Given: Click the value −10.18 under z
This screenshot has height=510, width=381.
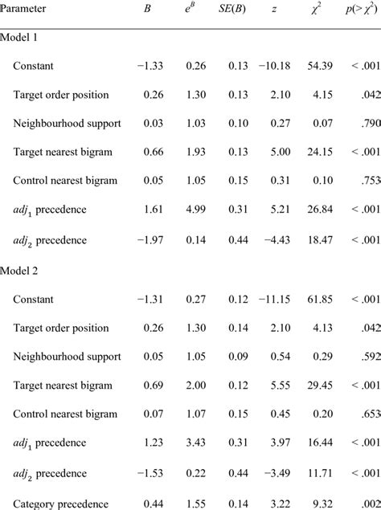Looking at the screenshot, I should pyautogui.click(x=273, y=65).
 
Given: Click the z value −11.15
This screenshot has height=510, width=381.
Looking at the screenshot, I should pyautogui.click(x=273, y=299).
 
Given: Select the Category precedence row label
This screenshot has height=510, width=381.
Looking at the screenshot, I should pyautogui.click(x=60, y=504).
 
